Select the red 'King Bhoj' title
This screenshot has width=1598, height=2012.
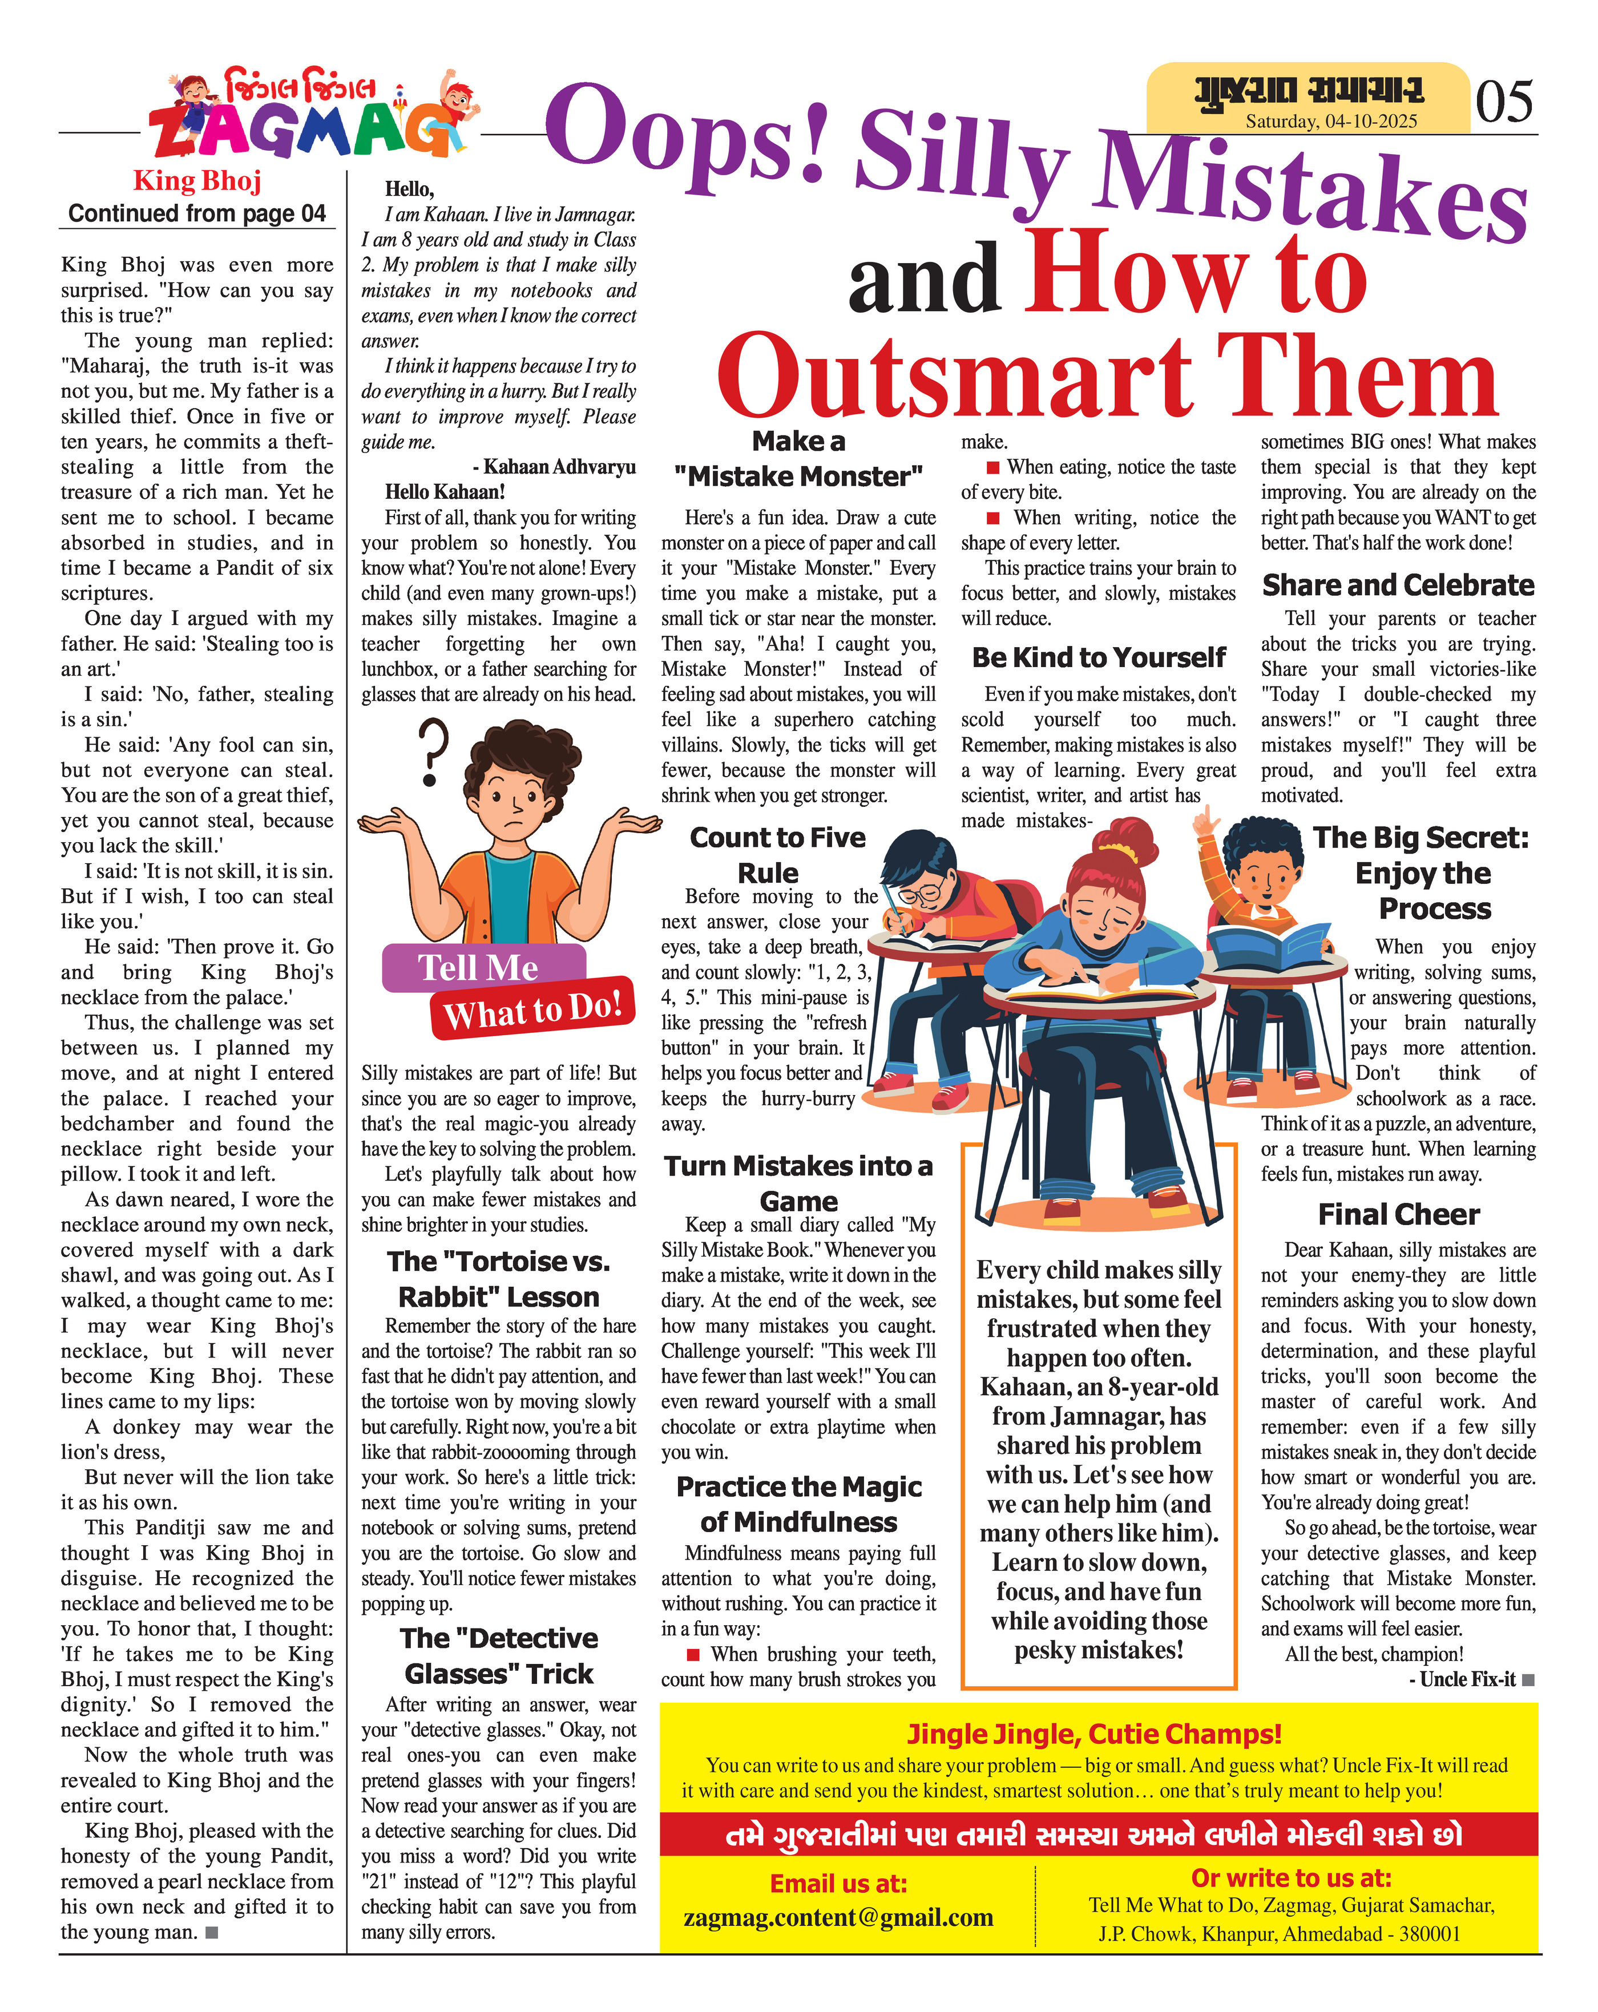click(x=197, y=180)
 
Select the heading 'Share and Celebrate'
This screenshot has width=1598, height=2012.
click(x=1397, y=585)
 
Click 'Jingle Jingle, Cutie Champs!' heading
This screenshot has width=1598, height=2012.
click(x=1094, y=1734)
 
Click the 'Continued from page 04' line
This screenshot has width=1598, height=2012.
click(x=197, y=214)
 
